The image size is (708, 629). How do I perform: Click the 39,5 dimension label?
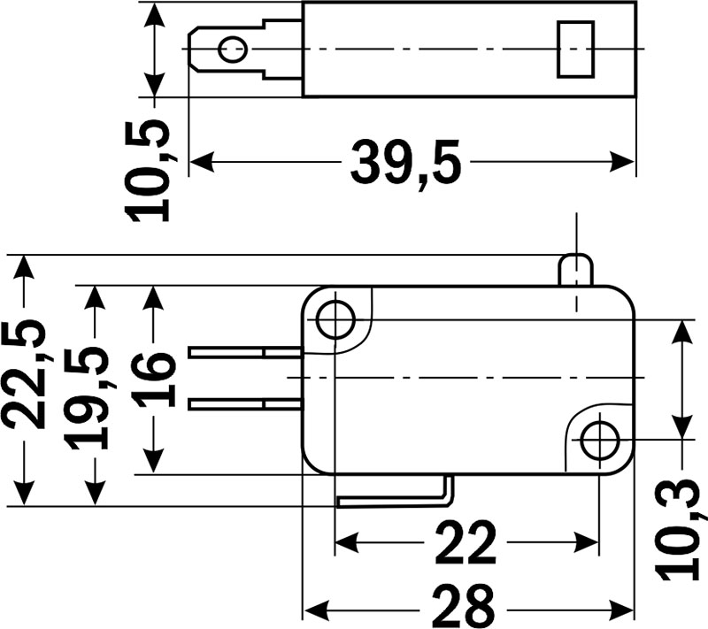[x=406, y=163]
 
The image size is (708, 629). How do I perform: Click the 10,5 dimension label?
[x=147, y=169]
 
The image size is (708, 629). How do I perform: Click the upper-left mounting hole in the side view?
[x=335, y=318]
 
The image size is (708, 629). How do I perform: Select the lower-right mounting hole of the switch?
[x=600, y=440]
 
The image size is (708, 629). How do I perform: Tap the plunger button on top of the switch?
[x=576, y=269]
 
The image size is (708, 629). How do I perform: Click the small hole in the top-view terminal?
[x=233, y=49]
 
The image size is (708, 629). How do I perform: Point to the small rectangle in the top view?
[x=573, y=49]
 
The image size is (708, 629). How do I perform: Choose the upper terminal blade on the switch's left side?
[x=245, y=352]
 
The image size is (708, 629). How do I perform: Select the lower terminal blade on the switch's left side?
[x=245, y=404]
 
